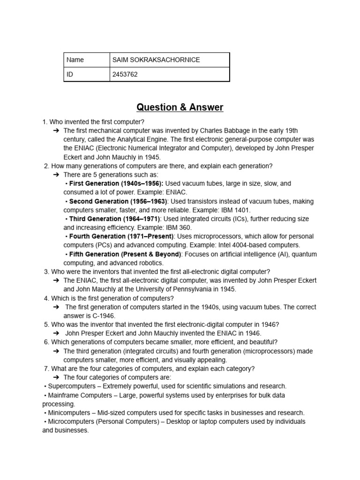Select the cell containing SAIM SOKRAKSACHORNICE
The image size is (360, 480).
pos(156,60)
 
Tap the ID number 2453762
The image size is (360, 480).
pos(125,75)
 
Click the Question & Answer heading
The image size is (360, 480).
pos(180,107)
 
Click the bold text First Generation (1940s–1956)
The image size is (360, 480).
pos(116,184)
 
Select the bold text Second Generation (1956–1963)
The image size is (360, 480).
pos(118,202)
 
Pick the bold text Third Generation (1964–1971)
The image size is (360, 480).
pos(115,219)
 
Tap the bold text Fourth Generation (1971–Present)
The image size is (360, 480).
pos(121,237)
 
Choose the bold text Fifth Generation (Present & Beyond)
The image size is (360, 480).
pos(125,254)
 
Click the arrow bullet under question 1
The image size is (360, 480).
pos(56,131)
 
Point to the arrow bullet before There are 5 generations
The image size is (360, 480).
pos(56,175)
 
